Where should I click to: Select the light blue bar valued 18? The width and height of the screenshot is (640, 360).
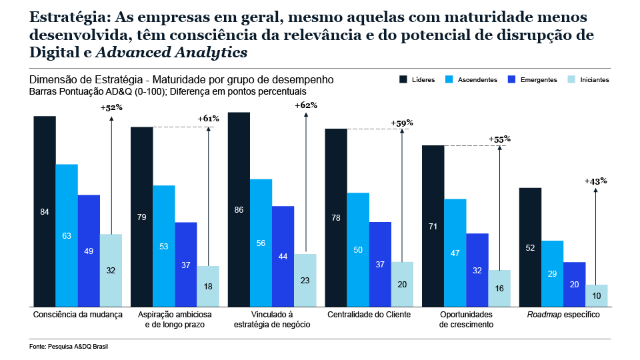(208, 286)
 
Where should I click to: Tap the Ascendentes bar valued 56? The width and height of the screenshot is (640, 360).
(261, 243)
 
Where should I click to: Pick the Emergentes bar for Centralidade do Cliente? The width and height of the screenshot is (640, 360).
(380, 264)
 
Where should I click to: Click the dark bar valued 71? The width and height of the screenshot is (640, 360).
(433, 226)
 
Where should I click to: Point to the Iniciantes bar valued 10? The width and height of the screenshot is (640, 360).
(597, 295)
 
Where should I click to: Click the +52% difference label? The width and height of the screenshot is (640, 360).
(111, 107)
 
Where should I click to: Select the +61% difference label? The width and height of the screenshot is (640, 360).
(209, 119)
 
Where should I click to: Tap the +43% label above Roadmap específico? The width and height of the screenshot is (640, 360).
(595, 181)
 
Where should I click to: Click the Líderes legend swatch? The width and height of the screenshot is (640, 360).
(403, 79)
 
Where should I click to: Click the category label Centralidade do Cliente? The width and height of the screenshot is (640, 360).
(369, 314)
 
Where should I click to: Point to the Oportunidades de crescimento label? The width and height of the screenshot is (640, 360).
(466, 319)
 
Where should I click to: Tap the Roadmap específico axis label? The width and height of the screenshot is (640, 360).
(563, 314)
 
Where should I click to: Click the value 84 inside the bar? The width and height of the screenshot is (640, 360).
(45, 212)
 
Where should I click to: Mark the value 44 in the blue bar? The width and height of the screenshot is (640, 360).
(283, 257)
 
